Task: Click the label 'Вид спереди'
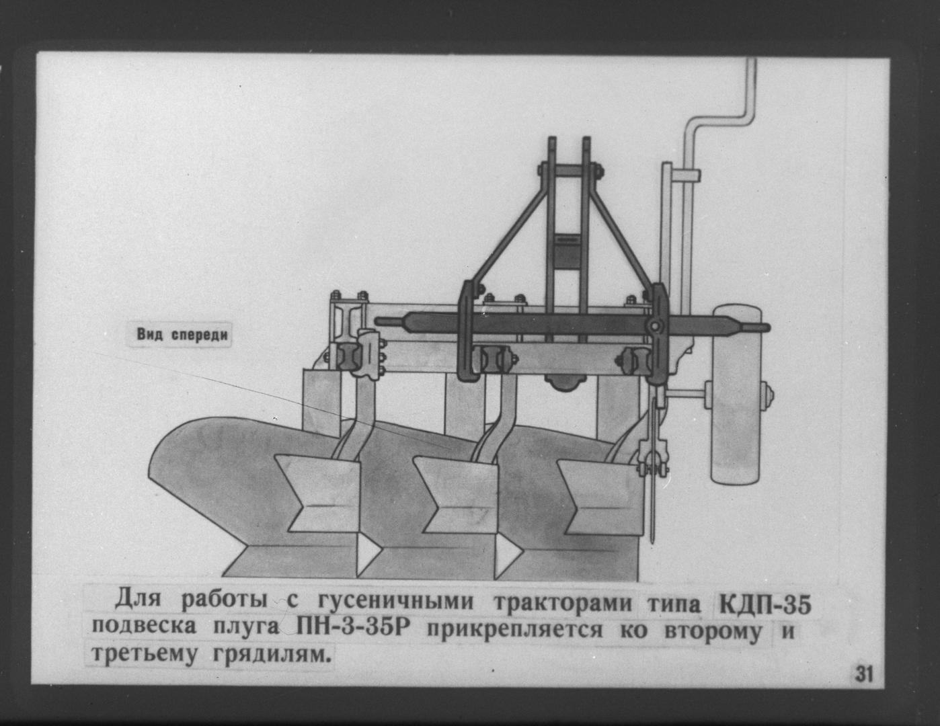(x=182, y=335)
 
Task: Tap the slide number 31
(x=864, y=674)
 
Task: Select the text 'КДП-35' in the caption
(x=765, y=604)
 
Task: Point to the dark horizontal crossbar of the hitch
(x=571, y=325)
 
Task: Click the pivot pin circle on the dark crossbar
(x=654, y=325)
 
